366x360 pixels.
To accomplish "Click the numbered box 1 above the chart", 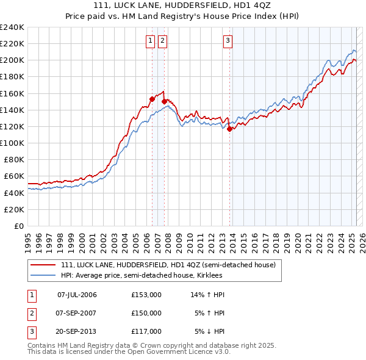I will tap(150, 41).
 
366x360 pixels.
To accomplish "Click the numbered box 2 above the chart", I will tap(163, 41).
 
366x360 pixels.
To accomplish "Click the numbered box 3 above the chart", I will tap(228, 41).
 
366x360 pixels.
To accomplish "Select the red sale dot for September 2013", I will tap(229, 129).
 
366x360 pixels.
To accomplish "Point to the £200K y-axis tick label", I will tap(12, 60).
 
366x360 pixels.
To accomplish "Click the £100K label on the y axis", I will tap(12, 143).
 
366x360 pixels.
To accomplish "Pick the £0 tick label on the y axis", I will tap(18, 226).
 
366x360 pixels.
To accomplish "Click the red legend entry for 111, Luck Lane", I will tap(168, 265).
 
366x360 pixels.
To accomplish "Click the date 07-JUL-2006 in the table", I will tap(77, 295).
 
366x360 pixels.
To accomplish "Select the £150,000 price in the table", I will tap(146, 313).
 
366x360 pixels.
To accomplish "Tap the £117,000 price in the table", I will tap(146, 331).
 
